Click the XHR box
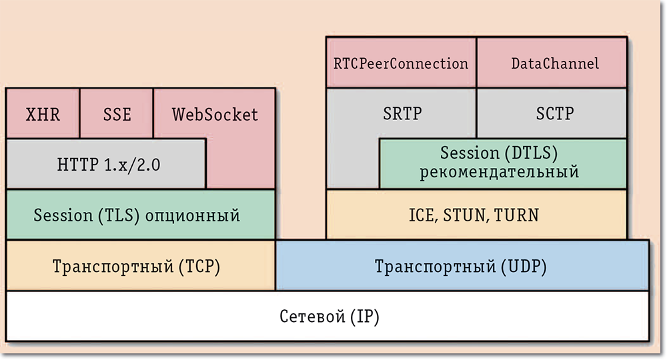click(x=43, y=114)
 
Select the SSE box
click(x=117, y=114)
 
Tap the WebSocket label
click(x=215, y=114)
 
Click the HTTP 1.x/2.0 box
click(x=106, y=164)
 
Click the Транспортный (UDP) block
click(x=462, y=267)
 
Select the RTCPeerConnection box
click(x=401, y=63)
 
